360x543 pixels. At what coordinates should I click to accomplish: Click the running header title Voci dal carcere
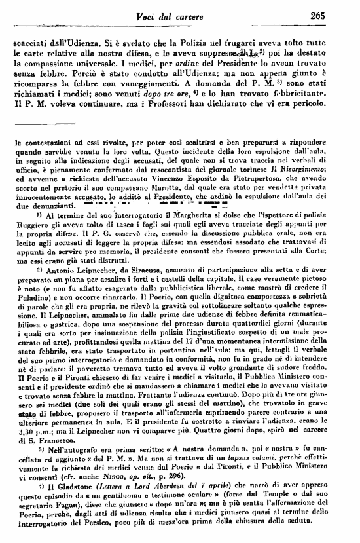point(205,16)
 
